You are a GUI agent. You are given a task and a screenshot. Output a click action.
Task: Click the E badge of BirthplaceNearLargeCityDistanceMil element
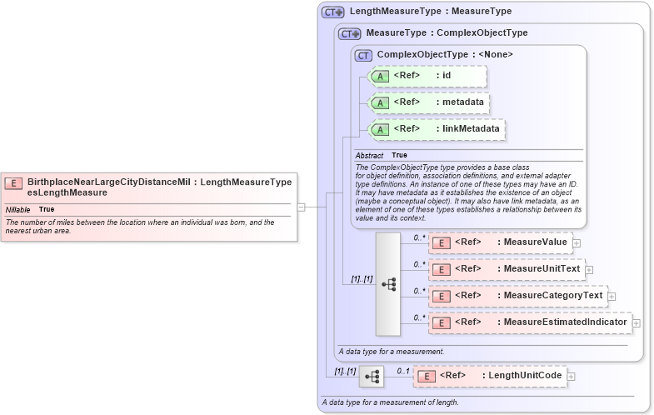(x=13, y=182)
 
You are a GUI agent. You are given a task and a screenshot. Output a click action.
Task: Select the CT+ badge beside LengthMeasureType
(x=333, y=12)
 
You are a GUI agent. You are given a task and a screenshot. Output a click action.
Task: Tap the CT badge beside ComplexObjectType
(x=363, y=55)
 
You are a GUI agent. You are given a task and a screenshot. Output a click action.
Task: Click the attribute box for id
(x=427, y=76)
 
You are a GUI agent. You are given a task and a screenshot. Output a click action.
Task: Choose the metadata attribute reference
(x=427, y=102)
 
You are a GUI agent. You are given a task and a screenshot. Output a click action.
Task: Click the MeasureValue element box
(x=499, y=242)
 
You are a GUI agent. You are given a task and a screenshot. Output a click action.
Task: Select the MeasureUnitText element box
(x=506, y=269)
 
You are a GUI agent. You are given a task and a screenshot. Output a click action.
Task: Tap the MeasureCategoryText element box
(x=517, y=296)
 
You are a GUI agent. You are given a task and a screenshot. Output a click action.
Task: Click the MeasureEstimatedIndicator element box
(x=529, y=322)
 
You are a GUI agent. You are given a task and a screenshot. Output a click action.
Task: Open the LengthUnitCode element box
(x=490, y=377)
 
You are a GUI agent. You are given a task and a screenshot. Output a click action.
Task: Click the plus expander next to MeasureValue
(x=576, y=242)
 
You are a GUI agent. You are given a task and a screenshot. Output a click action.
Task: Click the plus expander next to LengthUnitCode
(x=571, y=377)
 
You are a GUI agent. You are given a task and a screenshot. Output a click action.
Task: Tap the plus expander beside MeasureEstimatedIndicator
(x=636, y=322)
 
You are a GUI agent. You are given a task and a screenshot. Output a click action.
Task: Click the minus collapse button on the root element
(x=301, y=207)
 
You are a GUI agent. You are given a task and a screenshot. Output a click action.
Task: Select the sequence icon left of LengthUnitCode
(x=372, y=377)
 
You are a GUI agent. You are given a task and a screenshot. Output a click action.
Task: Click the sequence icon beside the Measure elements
(x=388, y=284)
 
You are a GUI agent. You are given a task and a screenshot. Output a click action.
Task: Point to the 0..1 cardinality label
(x=402, y=371)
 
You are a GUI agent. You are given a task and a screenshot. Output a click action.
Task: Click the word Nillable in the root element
(x=17, y=209)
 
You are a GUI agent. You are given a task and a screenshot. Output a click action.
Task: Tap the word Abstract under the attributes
(x=369, y=155)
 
